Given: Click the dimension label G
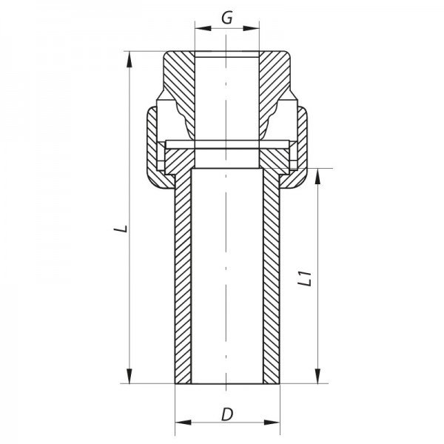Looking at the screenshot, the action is (x=227, y=18).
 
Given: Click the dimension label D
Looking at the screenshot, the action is (x=227, y=414).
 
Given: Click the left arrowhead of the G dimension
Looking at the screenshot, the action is (x=203, y=28).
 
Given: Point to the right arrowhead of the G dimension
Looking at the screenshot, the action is (x=251, y=28).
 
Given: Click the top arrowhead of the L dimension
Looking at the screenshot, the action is (x=129, y=59).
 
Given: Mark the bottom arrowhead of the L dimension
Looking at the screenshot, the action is (x=129, y=376).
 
